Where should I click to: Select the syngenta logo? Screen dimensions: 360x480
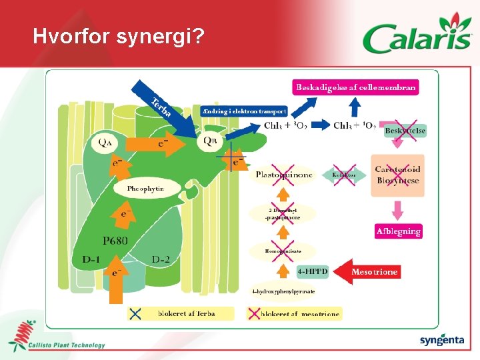[441, 340]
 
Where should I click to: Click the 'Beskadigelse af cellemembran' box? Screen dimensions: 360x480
[356, 87]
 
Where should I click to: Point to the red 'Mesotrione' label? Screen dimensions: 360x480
[375, 271]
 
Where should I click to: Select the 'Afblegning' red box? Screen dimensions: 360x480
[398, 231]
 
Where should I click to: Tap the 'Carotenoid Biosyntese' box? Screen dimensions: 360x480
[397, 175]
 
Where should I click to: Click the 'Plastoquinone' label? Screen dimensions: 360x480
[283, 175]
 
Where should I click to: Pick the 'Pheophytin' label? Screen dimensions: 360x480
[145, 189]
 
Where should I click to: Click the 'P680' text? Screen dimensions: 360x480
[115, 240]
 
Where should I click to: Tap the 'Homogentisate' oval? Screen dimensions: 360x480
[283, 251]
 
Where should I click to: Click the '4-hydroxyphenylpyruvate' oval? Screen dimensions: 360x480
[283, 291]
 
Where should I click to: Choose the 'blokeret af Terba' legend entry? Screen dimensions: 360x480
[180, 313]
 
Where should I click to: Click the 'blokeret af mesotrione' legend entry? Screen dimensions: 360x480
[293, 313]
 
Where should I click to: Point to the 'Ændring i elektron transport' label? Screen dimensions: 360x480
[244, 111]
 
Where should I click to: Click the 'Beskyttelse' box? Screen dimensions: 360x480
[405, 131]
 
